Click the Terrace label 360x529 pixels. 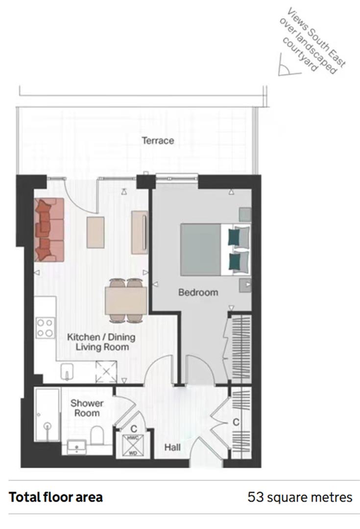tap(158, 141)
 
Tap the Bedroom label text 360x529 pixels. tap(198, 292)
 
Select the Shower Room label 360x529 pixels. tap(87, 408)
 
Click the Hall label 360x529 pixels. tap(172, 447)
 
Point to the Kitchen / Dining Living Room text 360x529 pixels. tap(101, 342)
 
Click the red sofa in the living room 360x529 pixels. tap(49, 229)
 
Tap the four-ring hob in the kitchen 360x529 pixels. tap(45, 328)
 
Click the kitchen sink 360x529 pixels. tap(67, 372)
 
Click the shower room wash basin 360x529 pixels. tap(76, 446)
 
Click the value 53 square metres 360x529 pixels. tap(300, 497)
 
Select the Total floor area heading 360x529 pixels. tap(56, 497)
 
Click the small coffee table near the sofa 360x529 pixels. tap(96, 232)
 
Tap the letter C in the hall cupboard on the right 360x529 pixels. tap(236, 422)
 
